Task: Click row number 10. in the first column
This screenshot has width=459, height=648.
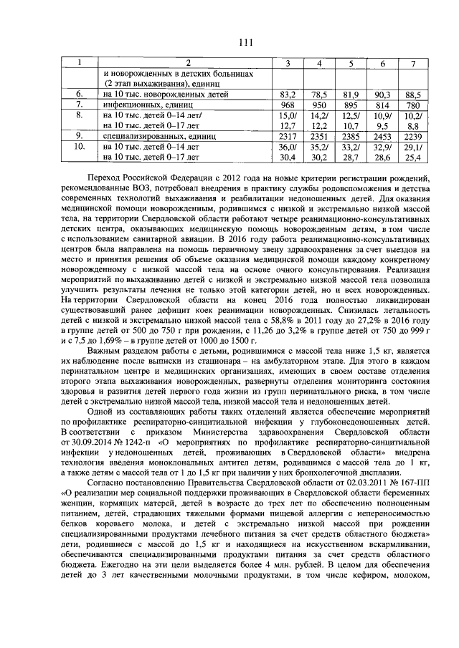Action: [80, 145]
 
